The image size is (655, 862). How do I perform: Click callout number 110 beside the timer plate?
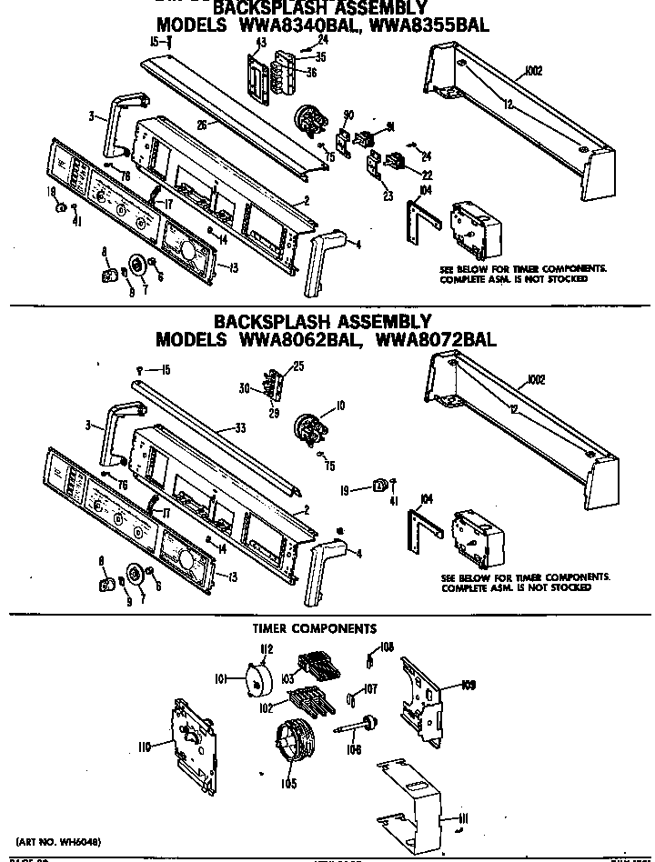[144, 747]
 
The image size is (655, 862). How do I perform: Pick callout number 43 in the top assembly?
[260, 43]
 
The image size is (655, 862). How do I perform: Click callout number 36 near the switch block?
[310, 73]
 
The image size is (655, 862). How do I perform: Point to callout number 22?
[425, 175]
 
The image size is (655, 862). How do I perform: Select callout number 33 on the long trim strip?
[240, 427]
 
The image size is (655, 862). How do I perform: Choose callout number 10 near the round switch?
[340, 405]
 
